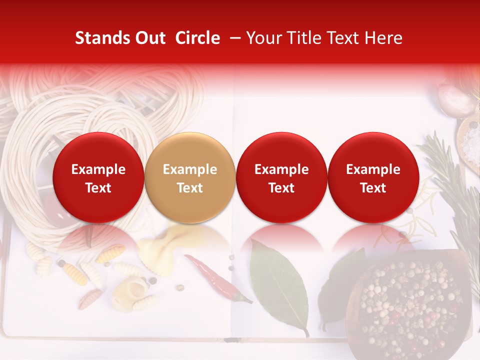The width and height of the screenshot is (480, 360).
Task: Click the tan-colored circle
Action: (190, 177)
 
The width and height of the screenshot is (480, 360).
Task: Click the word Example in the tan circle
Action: (190, 169)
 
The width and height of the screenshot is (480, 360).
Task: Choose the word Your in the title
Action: (264, 38)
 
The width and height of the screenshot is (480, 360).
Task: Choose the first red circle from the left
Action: (98, 177)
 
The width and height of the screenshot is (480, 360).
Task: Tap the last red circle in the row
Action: (373, 177)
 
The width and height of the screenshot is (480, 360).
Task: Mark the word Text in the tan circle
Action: (190, 188)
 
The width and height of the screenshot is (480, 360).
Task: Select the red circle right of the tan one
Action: (281, 177)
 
